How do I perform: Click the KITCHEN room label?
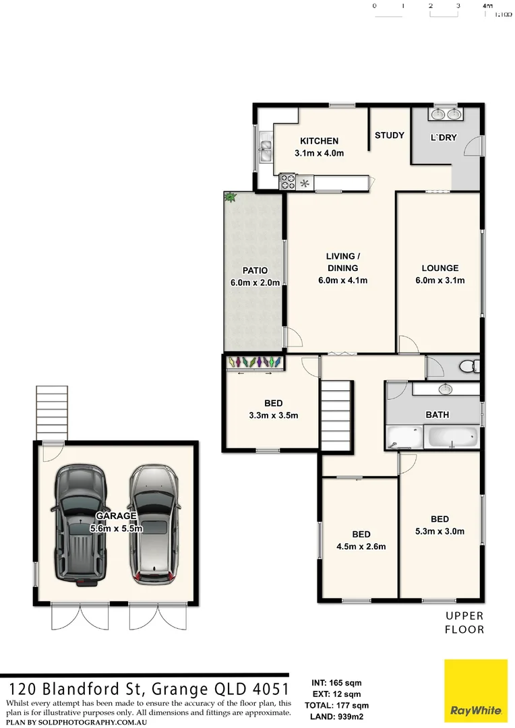(x=319, y=141)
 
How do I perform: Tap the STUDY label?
(x=390, y=135)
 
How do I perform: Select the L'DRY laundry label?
(x=444, y=138)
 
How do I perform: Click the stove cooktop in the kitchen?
(x=288, y=181)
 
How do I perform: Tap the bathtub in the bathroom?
(x=454, y=437)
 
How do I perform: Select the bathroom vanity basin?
(x=445, y=389)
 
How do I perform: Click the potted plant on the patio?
(x=231, y=198)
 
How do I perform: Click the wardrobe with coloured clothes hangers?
(x=254, y=363)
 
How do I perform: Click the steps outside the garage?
(x=48, y=412)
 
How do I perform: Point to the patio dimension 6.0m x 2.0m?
(x=255, y=283)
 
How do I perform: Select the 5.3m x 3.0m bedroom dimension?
(x=440, y=531)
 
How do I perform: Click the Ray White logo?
(x=475, y=690)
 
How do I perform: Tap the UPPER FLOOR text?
(x=464, y=623)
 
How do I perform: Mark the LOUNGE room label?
(x=440, y=268)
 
